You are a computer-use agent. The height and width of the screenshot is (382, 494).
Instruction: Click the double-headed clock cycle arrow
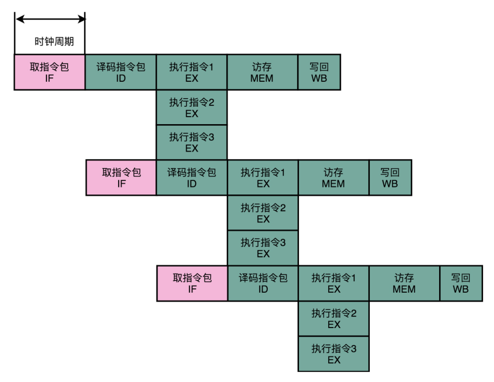(50, 18)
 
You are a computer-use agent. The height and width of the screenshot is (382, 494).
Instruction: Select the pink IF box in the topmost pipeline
(49, 72)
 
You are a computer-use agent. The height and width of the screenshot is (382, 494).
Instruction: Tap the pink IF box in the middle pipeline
(121, 178)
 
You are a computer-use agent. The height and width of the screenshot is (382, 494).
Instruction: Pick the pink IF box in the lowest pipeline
(192, 283)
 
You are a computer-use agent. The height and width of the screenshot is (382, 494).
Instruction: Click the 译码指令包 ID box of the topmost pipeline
(121, 72)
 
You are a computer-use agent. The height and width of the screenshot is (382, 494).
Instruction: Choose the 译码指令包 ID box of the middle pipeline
(192, 178)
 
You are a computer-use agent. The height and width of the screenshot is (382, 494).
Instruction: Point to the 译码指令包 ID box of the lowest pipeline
(263, 283)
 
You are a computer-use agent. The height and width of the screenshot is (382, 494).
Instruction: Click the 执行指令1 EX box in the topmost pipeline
(192, 72)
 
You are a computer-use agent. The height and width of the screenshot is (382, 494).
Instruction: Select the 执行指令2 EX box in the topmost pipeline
(192, 107)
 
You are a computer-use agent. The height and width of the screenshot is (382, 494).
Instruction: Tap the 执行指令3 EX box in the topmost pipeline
(192, 142)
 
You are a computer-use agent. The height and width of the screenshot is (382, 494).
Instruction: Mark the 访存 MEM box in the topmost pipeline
(262, 72)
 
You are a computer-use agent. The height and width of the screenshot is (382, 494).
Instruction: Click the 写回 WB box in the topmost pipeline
(319, 72)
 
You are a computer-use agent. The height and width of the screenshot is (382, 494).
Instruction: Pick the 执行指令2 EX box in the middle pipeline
(263, 213)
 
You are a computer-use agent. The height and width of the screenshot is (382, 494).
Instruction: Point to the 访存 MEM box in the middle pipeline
(333, 178)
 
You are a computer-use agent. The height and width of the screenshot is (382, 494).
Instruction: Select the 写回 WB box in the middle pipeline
(390, 178)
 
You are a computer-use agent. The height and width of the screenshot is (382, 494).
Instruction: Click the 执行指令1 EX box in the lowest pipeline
(334, 283)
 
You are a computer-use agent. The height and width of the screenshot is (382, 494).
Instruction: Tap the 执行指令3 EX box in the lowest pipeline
(334, 354)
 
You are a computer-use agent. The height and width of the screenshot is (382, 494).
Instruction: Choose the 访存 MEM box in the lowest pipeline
(404, 283)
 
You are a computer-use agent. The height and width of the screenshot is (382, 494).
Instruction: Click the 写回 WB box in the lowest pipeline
(461, 283)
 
